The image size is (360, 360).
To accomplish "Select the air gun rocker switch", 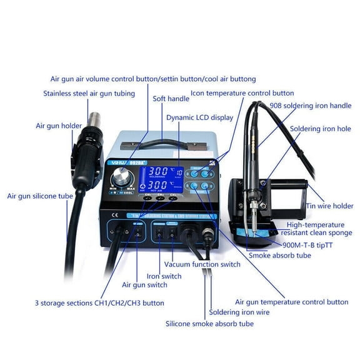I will (135, 234).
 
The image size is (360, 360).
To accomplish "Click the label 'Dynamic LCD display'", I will (199, 117).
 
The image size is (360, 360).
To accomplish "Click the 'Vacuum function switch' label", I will (202, 264).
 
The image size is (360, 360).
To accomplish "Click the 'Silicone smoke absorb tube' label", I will (209, 324).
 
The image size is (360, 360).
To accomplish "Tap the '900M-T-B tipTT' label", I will (307, 245).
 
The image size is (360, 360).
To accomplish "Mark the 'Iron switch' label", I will (164, 276).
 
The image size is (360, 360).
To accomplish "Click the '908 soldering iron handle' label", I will (311, 106).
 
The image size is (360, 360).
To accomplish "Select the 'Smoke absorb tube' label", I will (279, 255).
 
